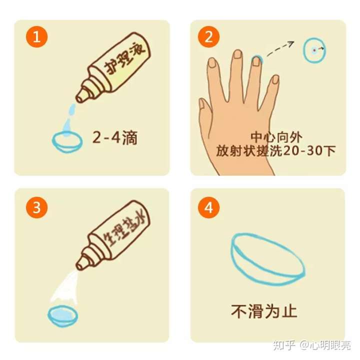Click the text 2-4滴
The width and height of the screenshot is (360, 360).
[114, 137]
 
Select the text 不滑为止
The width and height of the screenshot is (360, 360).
[264, 311]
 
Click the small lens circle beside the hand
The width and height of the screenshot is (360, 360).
[313, 50]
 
